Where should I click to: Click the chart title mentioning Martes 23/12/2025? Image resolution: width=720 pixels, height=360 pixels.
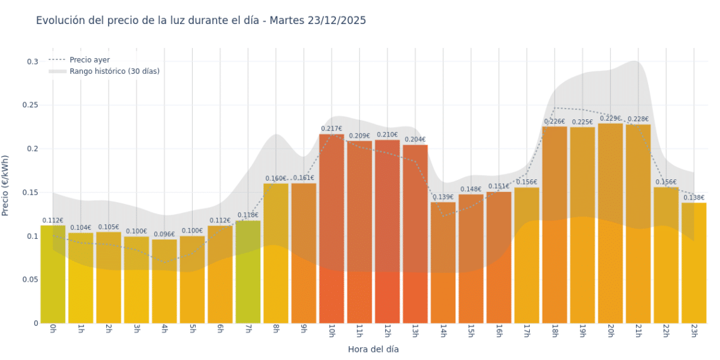201,21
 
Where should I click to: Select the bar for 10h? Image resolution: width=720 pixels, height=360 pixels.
332,227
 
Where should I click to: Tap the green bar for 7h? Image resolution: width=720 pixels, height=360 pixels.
248,272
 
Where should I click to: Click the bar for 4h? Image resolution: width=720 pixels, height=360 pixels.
164,281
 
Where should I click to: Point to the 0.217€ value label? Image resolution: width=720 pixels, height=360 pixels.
332,129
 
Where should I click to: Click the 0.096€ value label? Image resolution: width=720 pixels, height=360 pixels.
164,234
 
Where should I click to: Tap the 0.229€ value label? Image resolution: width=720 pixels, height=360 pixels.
611,118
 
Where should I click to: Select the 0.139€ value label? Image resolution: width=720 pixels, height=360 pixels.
443,197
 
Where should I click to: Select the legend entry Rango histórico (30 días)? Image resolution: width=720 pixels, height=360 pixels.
114,71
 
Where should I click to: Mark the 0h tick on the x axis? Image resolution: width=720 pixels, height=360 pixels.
52,331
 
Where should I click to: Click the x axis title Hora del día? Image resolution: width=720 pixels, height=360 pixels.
373,349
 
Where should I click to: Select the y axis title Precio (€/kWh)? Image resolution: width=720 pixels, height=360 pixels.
6,186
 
